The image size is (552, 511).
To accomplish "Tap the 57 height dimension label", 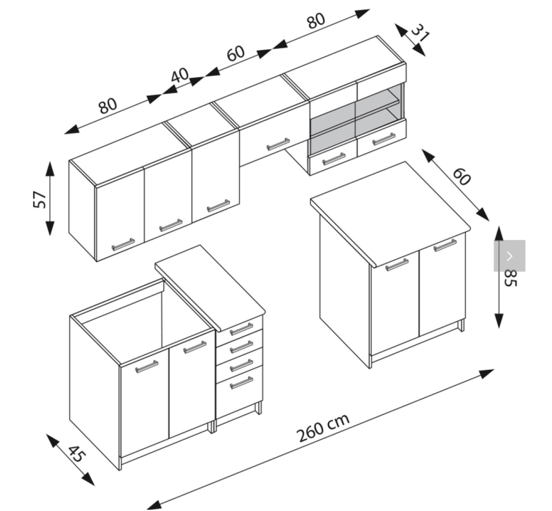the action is click(40, 199).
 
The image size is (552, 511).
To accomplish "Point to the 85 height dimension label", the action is click(510, 278).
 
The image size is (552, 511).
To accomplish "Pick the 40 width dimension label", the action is click(179, 75).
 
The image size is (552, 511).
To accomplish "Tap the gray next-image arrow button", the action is click(510, 256).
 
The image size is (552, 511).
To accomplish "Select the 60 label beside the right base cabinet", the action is click(462, 177).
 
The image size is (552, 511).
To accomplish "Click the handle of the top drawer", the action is click(241, 329).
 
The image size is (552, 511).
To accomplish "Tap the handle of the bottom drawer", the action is click(241, 383).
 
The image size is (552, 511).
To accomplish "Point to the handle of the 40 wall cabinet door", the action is click(218, 206).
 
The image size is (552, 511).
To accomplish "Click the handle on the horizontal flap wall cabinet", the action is click(278, 144).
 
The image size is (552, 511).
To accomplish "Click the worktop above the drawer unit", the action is click(210, 288).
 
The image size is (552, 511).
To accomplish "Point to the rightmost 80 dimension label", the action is click(316, 21).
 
